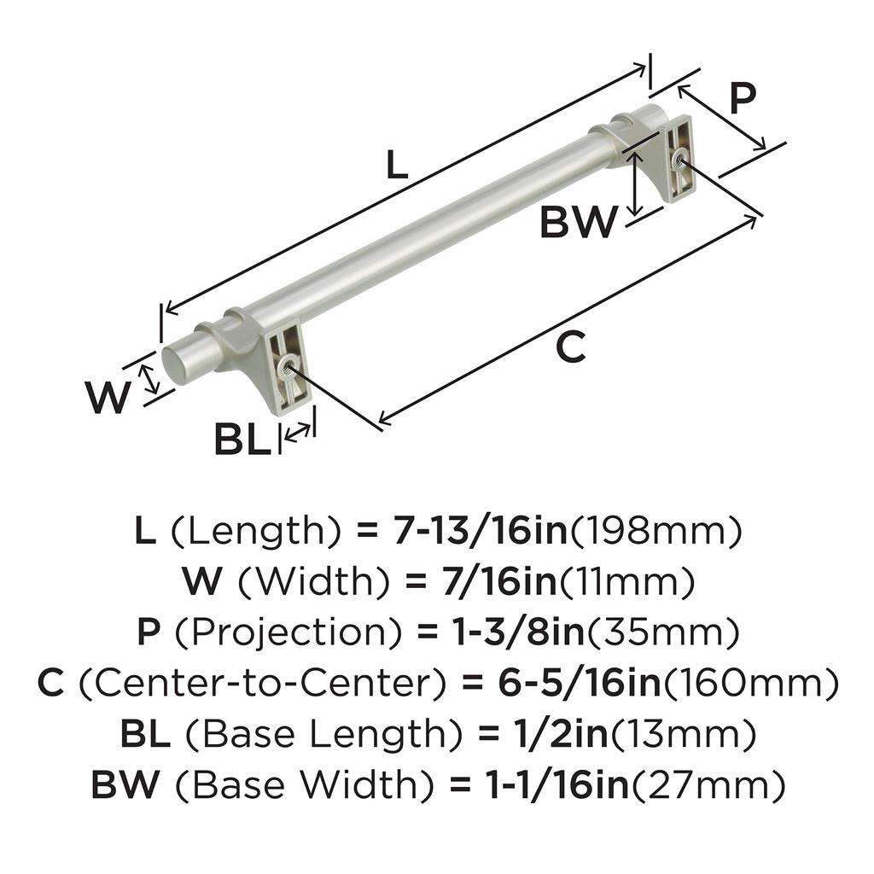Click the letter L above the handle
pyautogui.click(x=397, y=166)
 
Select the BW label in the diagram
pyautogui.click(x=579, y=222)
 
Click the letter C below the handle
pyautogui.click(x=571, y=347)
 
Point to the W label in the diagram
pyautogui.click(x=108, y=398)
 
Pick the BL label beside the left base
pyautogui.click(x=242, y=440)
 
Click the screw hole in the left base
pyautogui.click(x=288, y=365)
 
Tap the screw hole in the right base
pyautogui.click(x=678, y=161)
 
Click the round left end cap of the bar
pyautogui.click(x=175, y=367)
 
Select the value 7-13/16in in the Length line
pyautogui.click(x=480, y=530)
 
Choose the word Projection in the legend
pyautogui.click(x=288, y=632)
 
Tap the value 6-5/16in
pyautogui.click(x=579, y=683)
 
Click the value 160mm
pyautogui.click(x=749, y=684)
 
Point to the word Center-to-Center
pyautogui.click(x=262, y=683)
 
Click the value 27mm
pyautogui.click(x=707, y=785)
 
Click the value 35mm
pyautogui.click(x=661, y=632)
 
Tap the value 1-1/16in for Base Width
pyautogui.click(x=558, y=784)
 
